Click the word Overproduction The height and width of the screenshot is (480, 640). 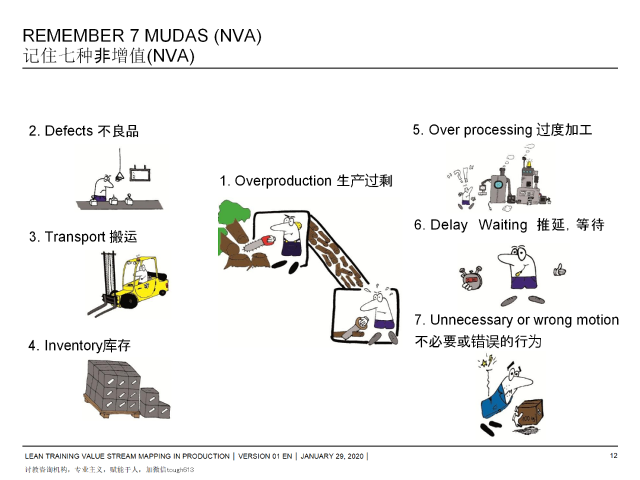[283, 181]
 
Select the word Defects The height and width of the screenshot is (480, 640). [69, 131]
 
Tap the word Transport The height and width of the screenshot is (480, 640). [75, 237]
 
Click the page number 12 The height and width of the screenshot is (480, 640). [613, 456]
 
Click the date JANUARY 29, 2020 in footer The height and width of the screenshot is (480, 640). [333, 456]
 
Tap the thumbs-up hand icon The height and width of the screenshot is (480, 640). [559, 270]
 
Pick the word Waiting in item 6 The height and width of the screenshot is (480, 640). [503, 225]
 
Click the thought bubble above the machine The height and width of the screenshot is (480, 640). [508, 159]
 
